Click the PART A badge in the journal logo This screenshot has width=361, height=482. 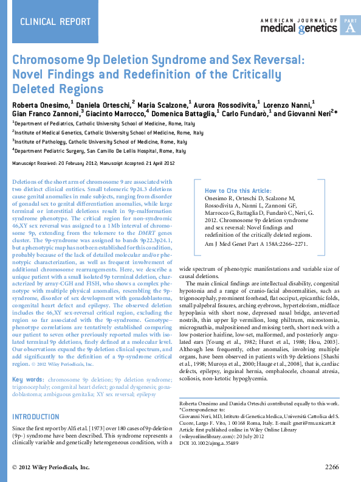349,26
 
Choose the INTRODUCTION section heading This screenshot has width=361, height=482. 36,417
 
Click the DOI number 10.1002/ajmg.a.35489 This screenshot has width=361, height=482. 217,444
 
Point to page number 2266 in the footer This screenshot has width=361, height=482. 336,467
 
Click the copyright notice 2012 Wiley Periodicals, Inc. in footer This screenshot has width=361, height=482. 52,467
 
